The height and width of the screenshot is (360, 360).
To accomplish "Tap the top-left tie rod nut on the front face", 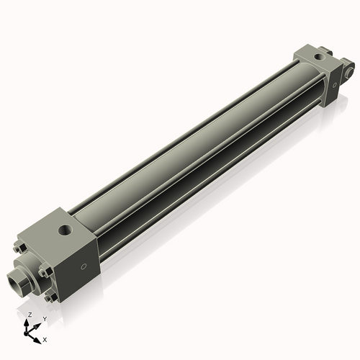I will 22,248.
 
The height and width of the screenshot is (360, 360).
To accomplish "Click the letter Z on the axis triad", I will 30,315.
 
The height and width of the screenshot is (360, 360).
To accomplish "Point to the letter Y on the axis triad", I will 44,318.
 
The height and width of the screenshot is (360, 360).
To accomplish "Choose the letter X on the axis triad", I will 45,338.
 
